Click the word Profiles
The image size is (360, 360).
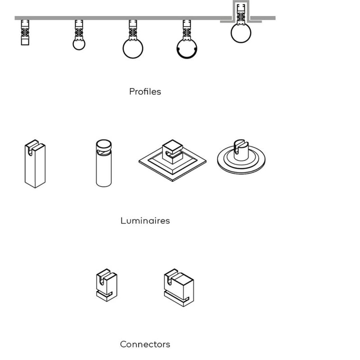pos(145,91)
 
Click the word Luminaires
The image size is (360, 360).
pos(145,220)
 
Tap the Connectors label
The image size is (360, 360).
pos(145,344)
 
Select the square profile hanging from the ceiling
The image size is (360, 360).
pos(25,40)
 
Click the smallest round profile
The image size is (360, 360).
pos(79,44)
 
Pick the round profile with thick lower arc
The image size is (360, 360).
pos(187,48)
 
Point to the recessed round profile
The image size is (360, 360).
pos(241,32)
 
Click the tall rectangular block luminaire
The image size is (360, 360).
pos(35,166)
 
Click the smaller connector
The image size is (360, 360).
pos(107,285)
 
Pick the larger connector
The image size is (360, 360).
pos(179,287)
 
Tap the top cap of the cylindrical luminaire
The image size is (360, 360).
pos(103,144)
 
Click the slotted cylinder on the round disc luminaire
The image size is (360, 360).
pos(241,150)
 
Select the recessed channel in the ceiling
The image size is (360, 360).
pos(241,12)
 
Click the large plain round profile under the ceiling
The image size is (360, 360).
pos(133,48)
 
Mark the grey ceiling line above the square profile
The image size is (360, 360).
pos(25,18)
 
